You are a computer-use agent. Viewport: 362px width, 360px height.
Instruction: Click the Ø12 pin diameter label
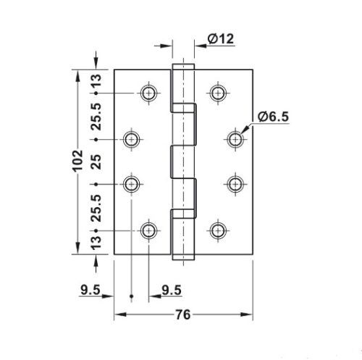click(222, 40)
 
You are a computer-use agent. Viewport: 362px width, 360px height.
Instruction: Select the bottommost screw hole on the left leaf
click(149, 230)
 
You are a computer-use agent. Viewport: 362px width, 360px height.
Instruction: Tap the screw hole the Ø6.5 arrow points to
click(235, 138)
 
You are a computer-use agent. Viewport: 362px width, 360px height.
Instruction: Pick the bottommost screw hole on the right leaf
click(217, 230)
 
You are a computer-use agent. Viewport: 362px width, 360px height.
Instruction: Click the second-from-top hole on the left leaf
click(131, 138)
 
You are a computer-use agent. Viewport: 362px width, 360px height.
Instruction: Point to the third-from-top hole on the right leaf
click(235, 184)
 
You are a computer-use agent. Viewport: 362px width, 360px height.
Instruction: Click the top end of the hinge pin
click(182, 67)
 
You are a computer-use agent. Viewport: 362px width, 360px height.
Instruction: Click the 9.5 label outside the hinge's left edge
click(90, 291)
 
